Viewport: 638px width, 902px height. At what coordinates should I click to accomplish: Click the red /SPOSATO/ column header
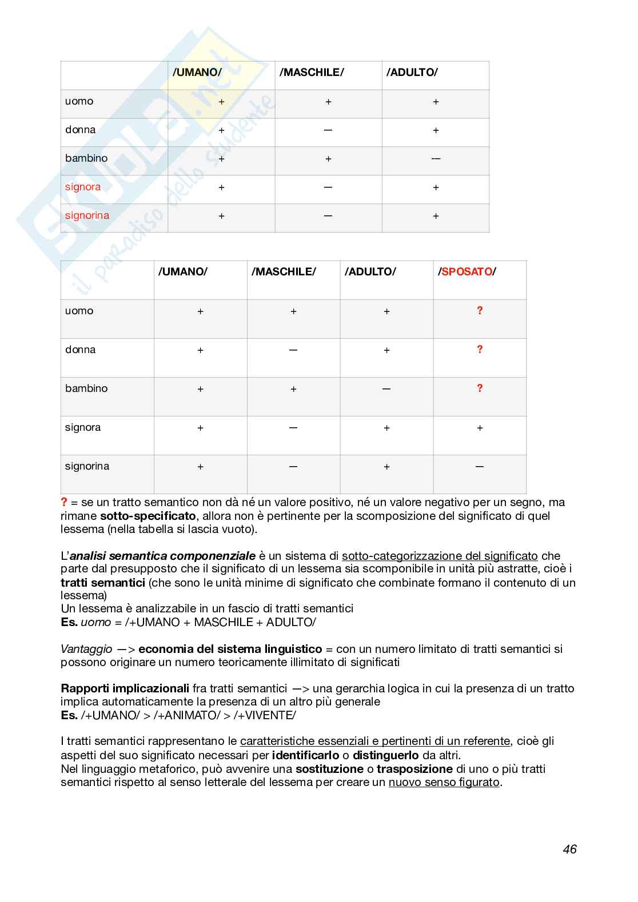click(x=467, y=272)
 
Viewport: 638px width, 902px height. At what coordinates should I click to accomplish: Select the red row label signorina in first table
click(x=87, y=216)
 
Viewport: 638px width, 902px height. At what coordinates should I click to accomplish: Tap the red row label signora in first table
click(x=83, y=187)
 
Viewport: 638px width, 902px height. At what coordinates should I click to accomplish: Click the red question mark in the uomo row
click(x=480, y=311)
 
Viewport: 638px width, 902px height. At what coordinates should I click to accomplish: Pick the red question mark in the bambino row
click(x=480, y=388)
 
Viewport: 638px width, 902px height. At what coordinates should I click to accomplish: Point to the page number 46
click(x=569, y=849)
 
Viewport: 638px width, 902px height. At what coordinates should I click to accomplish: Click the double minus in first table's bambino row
click(x=436, y=159)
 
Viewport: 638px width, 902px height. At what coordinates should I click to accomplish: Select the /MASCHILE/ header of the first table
click(x=312, y=73)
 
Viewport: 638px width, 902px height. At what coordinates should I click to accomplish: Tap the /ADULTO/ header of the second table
click(x=370, y=272)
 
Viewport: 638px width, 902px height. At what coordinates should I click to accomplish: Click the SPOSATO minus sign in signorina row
click(x=480, y=467)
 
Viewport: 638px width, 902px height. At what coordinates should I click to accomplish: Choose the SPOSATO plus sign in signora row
click(x=480, y=428)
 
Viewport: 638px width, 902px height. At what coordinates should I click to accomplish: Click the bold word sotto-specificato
click(x=148, y=516)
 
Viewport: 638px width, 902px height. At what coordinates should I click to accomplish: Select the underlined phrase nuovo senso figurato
click(x=444, y=783)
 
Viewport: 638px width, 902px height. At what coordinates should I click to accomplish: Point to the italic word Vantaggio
click(x=86, y=649)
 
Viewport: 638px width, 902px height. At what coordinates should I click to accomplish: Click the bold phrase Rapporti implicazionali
click(x=125, y=688)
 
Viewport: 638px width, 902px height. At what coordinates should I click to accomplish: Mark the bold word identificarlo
click(x=305, y=755)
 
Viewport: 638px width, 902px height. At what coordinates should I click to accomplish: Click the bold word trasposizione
click(x=414, y=769)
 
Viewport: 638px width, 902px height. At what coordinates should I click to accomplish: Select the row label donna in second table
click(x=81, y=350)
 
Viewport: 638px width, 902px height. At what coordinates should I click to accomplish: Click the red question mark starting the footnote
click(x=64, y=502)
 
